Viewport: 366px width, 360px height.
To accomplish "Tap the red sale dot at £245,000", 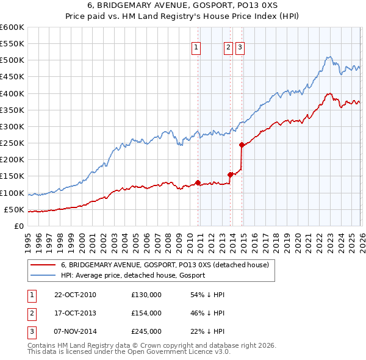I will point(242,145).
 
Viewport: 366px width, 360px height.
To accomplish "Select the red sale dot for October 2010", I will point(198,182).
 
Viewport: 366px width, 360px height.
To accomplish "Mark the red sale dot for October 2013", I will point(230,175).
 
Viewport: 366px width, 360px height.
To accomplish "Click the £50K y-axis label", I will point(14,210).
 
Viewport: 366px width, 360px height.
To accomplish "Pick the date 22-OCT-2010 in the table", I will point(75,295).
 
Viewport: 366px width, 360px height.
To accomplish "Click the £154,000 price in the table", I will point(146,313).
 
